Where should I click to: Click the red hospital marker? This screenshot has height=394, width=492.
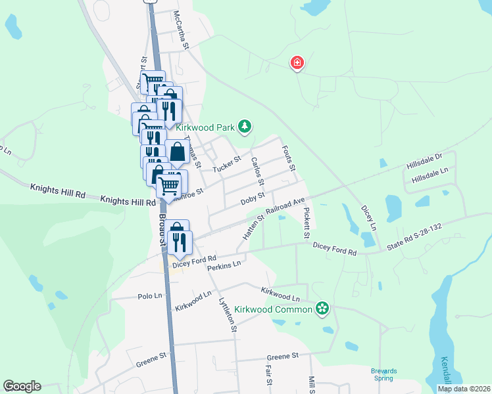pyautogui.click(x=297, y=63)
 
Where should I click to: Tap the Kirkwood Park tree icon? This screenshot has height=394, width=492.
pyautogui.click(x=245, y=125)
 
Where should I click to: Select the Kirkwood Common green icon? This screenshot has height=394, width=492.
pyautogui.click(x=322, y=308)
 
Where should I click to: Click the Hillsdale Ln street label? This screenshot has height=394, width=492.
pyautogui.click(x=430, y=175)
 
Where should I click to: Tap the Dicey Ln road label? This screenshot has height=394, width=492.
pyautogui.click(x=369, y=217)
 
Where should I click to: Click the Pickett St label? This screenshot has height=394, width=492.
pyautogui.click(x=307, y=223)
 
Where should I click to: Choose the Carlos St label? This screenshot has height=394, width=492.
pyautogui.click(x=257, y=171)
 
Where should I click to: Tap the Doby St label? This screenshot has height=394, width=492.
pyautogui.click(x=252, y=198)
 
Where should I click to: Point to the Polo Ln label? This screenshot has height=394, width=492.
pyautogui.click(x=150, y=296)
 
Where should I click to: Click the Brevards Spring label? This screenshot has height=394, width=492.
pyautogui.click(x=383, y=374)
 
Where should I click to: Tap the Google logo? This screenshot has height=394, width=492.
pyautogui.click(x=22, y=386)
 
